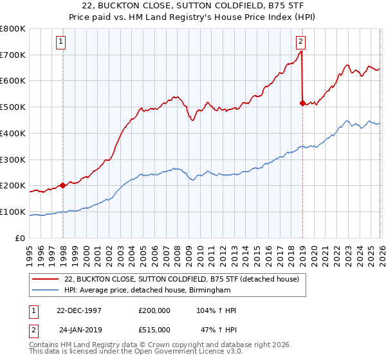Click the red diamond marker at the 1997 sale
(x=63, y=186)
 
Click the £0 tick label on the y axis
(x=21, y=238)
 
